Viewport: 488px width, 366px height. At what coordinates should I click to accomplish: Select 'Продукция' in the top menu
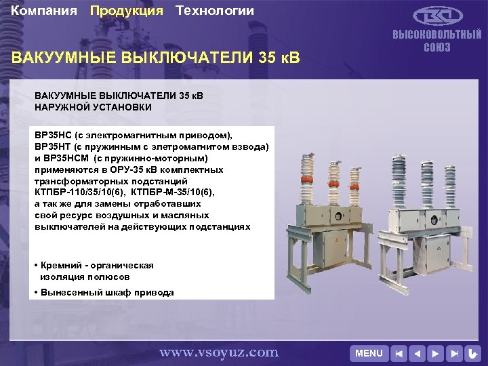(x=127, y=11)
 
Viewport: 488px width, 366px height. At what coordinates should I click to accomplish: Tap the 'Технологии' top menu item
(x=215, y=11)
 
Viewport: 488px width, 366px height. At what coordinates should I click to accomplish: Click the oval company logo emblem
(x=437, y=16)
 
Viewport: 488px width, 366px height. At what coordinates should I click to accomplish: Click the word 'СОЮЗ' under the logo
(x=437, y=47)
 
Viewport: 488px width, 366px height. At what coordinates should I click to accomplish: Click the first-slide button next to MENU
(x=401, y=353)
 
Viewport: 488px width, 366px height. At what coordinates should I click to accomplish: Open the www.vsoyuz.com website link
(x=218, y=352)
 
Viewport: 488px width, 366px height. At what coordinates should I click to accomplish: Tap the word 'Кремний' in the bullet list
(x=62, y=265)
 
